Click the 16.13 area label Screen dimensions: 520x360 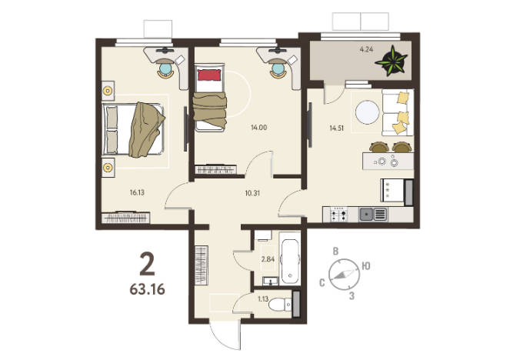pyautogui.click(x=137, y=192)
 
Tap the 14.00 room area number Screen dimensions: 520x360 pyautogui.click(x=259, y=127)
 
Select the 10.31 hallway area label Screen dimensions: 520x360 pyautogui.click(x=252, y=193)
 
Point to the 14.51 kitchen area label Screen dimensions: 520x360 pyautogui.click(x=337, y=128)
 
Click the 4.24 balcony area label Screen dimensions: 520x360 pyautogui.click(x=366, y=49)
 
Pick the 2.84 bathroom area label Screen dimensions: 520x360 pyautogui.click(x=268, y=259)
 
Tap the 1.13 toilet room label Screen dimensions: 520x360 pyautogui.click(x=263, y=299)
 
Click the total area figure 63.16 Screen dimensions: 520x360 pyautogui.click(x=147, y=289)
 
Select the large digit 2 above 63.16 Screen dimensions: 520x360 pyautogui.click(x=147, y=264)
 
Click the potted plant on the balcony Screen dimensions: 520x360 pyautogui.click(x=392, y=61)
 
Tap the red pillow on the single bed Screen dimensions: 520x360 pyautogui.click(x=209, y=75)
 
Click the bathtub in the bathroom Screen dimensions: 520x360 pyautogui.click(x=290, y=258)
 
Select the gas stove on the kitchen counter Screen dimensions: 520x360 pyautogui.click(x=338, y=214)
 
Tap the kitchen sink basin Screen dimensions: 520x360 pyautogui.click(x=366, y=214)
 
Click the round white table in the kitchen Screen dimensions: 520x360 pyautogui.click(x=368, y=112)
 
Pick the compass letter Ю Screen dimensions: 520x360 pyautogui.click(x=366, y=266)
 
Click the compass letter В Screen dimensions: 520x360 pyautogui.click(x=335, y=252)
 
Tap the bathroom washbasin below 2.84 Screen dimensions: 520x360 pyautogui.click(x=272, y=281)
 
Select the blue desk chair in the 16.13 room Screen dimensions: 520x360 pyautogui.click(x=165, y=69)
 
